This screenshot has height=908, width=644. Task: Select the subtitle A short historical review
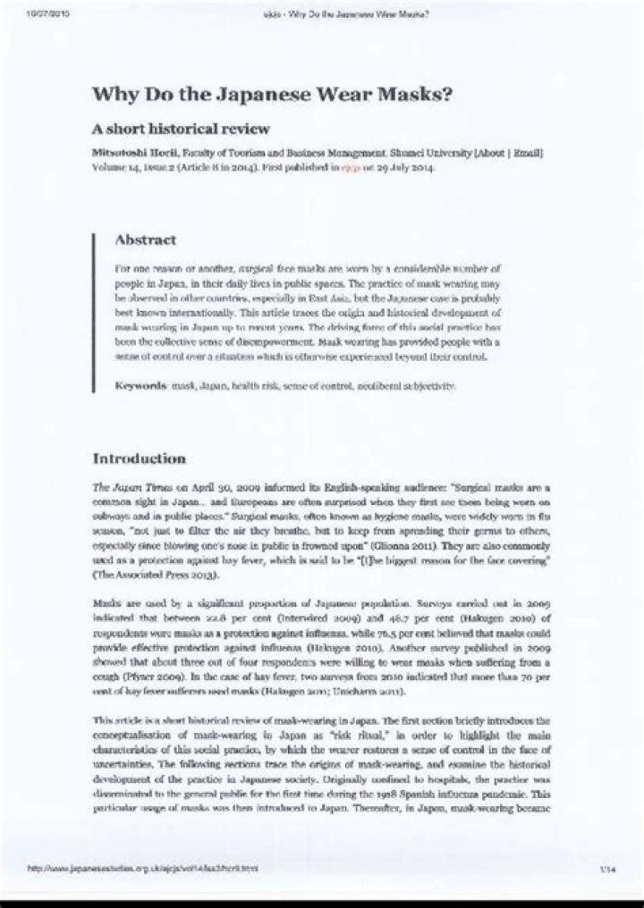coord(182,129)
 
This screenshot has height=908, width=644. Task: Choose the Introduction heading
coord(140,458)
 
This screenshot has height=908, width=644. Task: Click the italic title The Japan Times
coord(126,488)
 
